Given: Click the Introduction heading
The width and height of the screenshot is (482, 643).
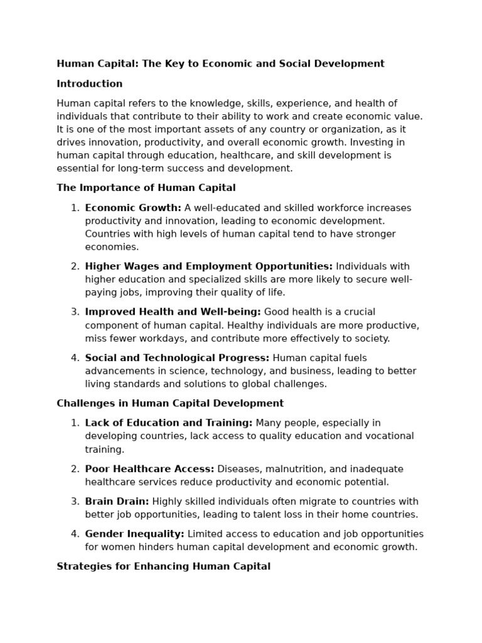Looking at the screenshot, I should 90,84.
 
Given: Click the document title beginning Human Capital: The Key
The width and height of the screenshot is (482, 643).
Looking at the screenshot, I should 220,63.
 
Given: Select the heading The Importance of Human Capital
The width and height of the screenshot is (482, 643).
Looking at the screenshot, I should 146,187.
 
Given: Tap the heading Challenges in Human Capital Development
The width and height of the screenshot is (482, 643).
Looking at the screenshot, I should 170,403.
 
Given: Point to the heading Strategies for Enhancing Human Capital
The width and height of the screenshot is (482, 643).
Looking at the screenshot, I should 164,566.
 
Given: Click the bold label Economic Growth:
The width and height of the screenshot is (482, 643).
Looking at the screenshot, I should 133,208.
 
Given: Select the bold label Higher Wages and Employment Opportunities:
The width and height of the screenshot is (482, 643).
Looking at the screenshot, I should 209,266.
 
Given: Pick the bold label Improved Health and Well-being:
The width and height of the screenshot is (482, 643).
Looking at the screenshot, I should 173,312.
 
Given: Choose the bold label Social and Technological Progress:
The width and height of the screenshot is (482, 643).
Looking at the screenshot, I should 177,358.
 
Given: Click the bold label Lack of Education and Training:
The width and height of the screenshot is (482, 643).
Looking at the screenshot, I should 169,423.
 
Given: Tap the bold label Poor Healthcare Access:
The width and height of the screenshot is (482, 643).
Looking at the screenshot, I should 150,469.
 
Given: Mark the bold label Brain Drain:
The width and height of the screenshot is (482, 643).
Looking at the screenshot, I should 117,501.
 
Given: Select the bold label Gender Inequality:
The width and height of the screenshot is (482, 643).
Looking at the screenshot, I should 135,534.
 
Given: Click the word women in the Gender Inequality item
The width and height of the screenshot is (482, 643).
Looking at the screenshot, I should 118,547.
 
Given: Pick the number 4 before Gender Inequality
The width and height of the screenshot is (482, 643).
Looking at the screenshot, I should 74,534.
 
